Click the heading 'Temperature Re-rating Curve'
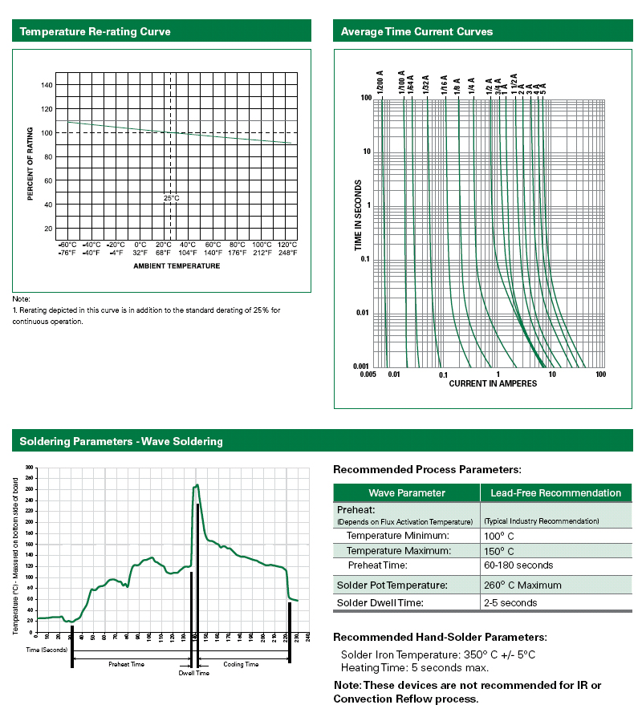click(x=95, y=32)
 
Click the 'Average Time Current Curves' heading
click(x=416, y=32)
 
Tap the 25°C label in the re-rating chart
click(x=170, y=197)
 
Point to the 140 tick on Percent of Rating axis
click(x=47, y=85)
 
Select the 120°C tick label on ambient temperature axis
click(x=286, y=245)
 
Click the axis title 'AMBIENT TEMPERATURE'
click(x=177, y=265)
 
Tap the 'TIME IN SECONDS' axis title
click(x=359, y=216)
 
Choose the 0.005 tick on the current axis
click(x=368, y=375)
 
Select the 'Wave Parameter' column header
click(x=406, y=492)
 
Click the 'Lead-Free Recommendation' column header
click(x=555, y=492)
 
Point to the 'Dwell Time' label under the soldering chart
click(x=193, y=673)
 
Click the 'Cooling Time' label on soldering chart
click(x=241, y=664)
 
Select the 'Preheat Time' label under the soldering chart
click(x=126, y=664)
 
